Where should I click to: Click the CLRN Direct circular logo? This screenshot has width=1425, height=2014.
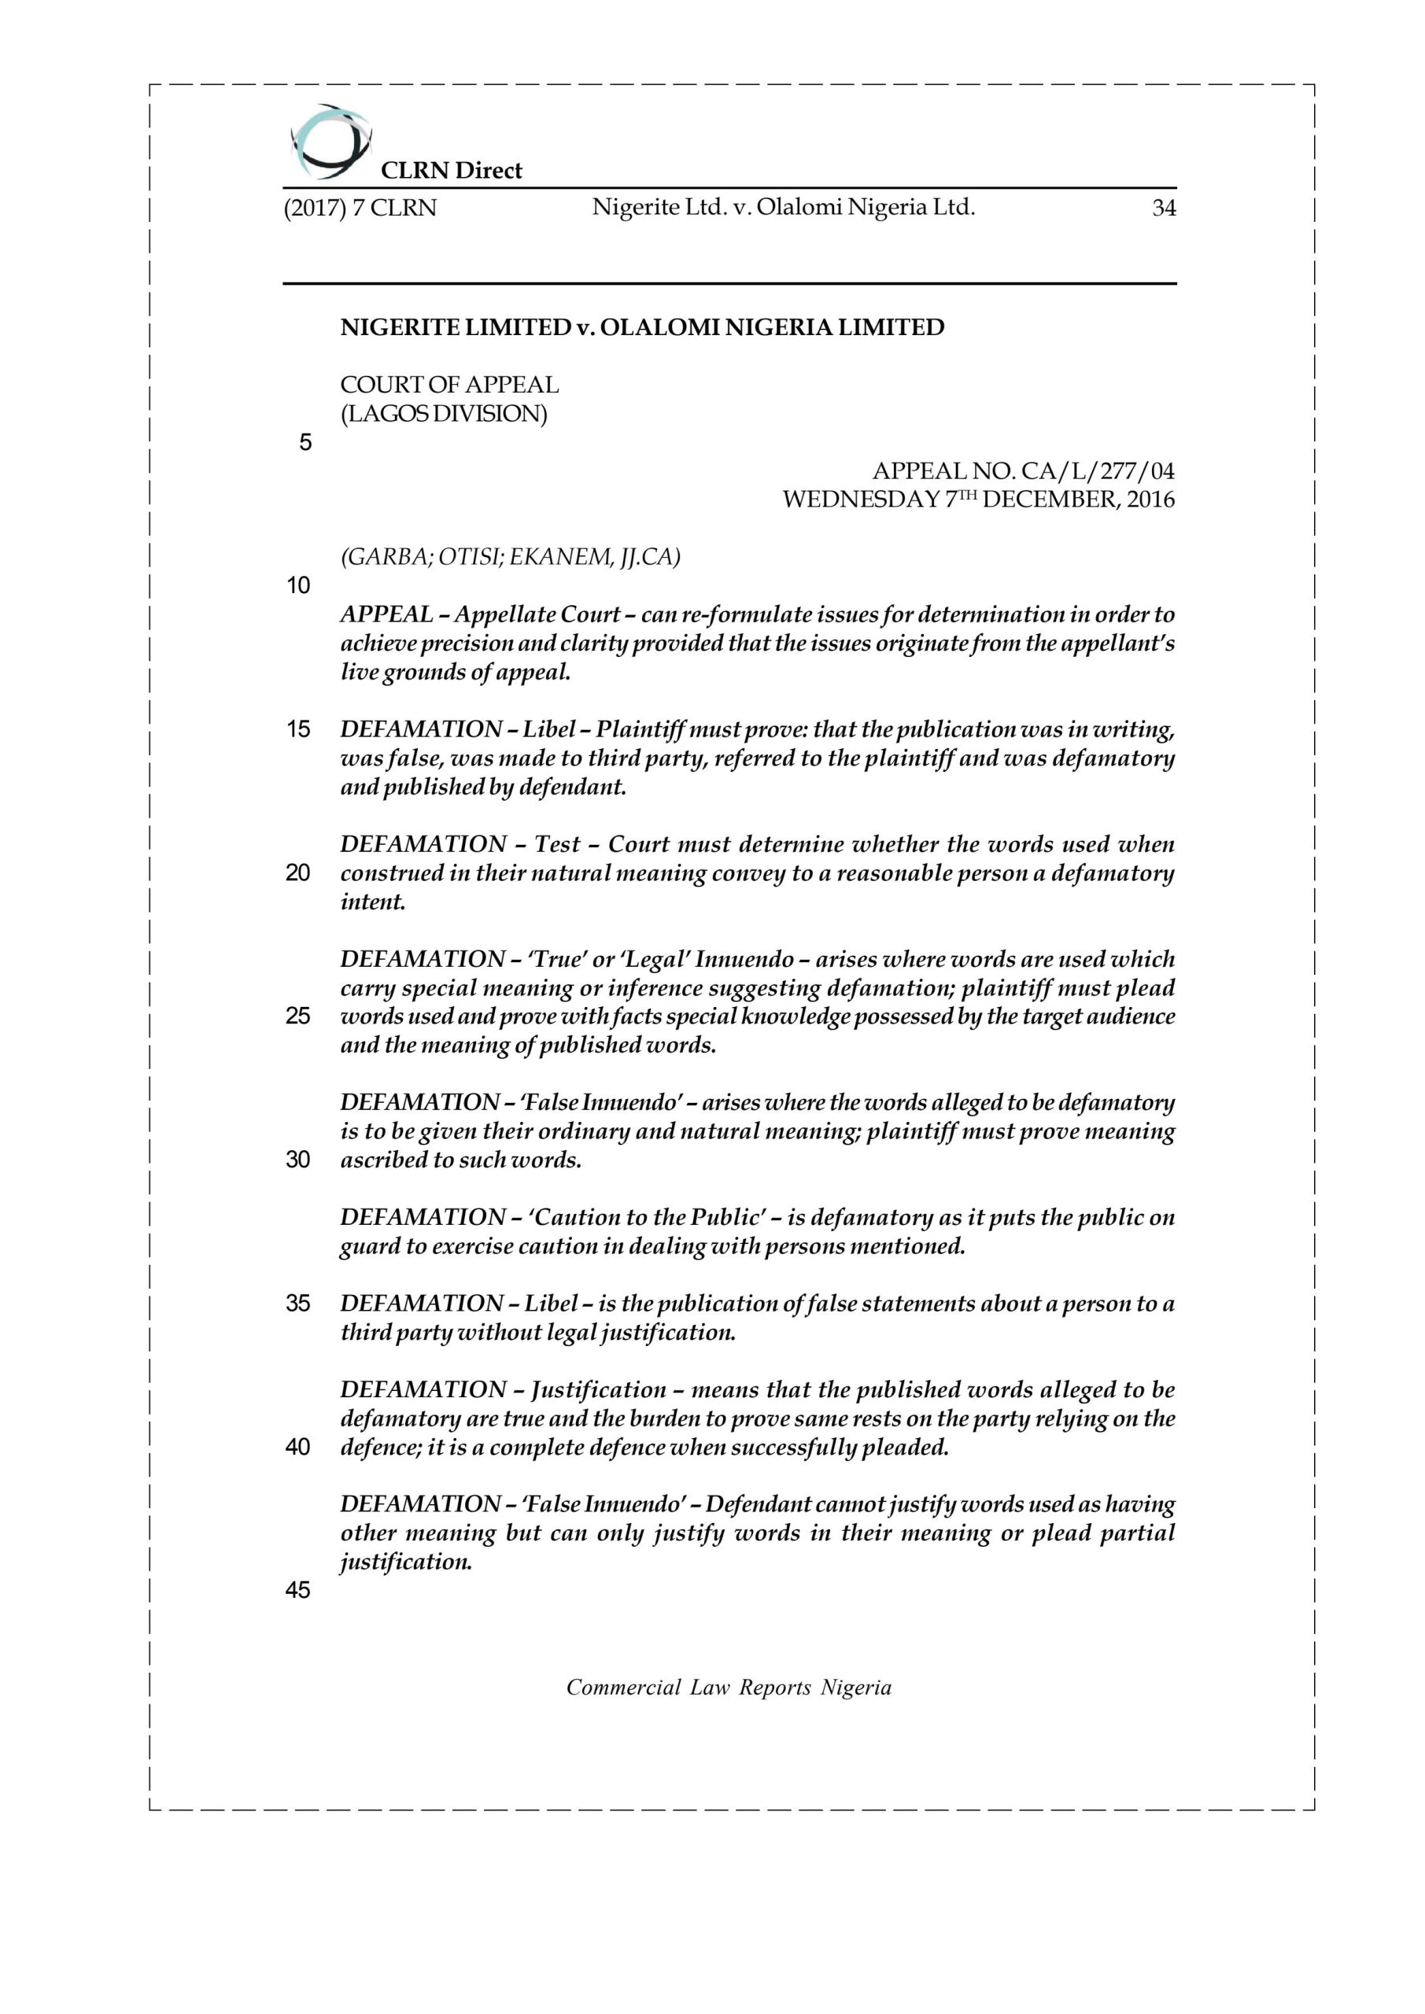328,140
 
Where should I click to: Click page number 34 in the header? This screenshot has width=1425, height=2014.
1164,208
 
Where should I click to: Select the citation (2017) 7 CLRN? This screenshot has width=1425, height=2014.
360,208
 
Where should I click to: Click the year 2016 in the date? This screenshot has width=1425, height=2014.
1150,501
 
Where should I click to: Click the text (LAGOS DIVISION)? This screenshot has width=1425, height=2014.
443,414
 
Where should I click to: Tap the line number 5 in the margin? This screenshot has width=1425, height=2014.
305,443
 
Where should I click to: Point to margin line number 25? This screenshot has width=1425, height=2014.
298,1016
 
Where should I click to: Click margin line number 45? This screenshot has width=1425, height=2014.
298,1590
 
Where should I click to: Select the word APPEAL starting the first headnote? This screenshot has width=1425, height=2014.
386,615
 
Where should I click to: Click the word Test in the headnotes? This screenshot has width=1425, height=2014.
557,845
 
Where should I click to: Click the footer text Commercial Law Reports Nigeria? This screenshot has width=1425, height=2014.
729,1688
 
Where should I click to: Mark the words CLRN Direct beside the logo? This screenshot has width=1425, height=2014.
451,171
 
